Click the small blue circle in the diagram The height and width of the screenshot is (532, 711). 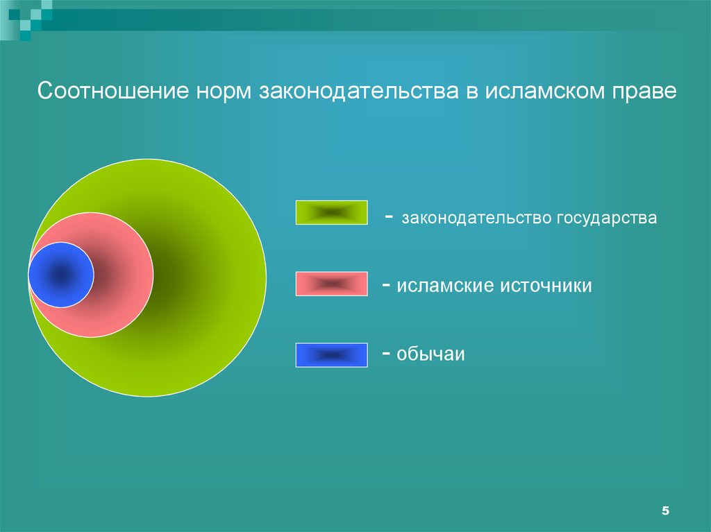pos(61,275)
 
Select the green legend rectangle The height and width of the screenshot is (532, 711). pos(331,213)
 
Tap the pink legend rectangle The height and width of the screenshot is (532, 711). pos(331,284)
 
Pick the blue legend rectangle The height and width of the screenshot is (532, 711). pos(331,354)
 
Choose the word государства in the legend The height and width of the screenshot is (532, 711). pos(605,218)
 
